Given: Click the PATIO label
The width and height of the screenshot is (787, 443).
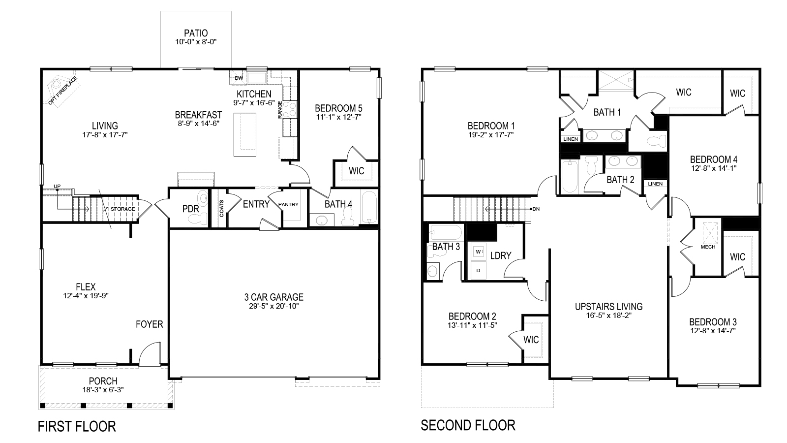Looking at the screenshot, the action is point(196,33).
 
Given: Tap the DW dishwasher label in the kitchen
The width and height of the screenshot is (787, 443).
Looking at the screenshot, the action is point(239,78).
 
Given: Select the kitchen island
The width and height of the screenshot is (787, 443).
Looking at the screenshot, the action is point(245,134).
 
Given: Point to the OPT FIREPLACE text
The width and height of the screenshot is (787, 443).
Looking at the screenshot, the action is point(63,91).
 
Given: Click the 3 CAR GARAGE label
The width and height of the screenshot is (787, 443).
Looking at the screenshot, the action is point(274,297).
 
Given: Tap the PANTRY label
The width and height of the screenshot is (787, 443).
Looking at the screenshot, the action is point(288,204).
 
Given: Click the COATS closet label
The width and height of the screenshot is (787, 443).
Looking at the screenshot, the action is point(222,209).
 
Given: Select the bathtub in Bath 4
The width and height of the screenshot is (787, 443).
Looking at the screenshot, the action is point(369,207).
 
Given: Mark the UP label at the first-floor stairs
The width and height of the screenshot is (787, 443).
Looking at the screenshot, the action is point(57,186).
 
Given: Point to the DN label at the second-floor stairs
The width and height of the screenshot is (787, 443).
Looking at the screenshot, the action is point(536,209).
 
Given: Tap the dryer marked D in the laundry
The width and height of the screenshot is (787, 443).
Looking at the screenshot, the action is point(479,270).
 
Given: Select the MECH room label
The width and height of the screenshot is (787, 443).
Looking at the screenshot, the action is point(708,247).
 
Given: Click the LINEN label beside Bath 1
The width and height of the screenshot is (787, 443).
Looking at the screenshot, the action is point(571,139).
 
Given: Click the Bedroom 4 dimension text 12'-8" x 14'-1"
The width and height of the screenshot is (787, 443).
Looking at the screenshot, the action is point(714,168).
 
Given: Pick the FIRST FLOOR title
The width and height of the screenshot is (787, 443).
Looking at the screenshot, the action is point(77,426).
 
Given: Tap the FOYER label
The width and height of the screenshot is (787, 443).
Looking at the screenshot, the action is point(150,324).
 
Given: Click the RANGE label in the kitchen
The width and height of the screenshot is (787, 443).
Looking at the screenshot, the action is point(280,110).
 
